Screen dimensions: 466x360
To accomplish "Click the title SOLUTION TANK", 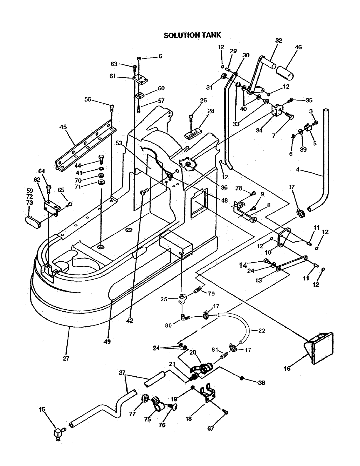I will click(x=192, y=35).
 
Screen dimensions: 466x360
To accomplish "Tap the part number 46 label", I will click(x=298, y=47).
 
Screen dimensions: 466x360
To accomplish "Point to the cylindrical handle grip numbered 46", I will click(x=284, y=72).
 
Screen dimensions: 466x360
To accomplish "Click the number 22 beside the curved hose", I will click(x=262, y=331).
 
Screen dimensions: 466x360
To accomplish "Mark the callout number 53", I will click(x=119, y=143).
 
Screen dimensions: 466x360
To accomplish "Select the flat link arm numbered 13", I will click(x=292, y=262).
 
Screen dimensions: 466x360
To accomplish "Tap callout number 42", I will click(x=130, y=321).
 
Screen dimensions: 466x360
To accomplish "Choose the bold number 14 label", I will click(x=243, y=265).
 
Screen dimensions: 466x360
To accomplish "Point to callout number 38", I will click(x=261, y=383).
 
